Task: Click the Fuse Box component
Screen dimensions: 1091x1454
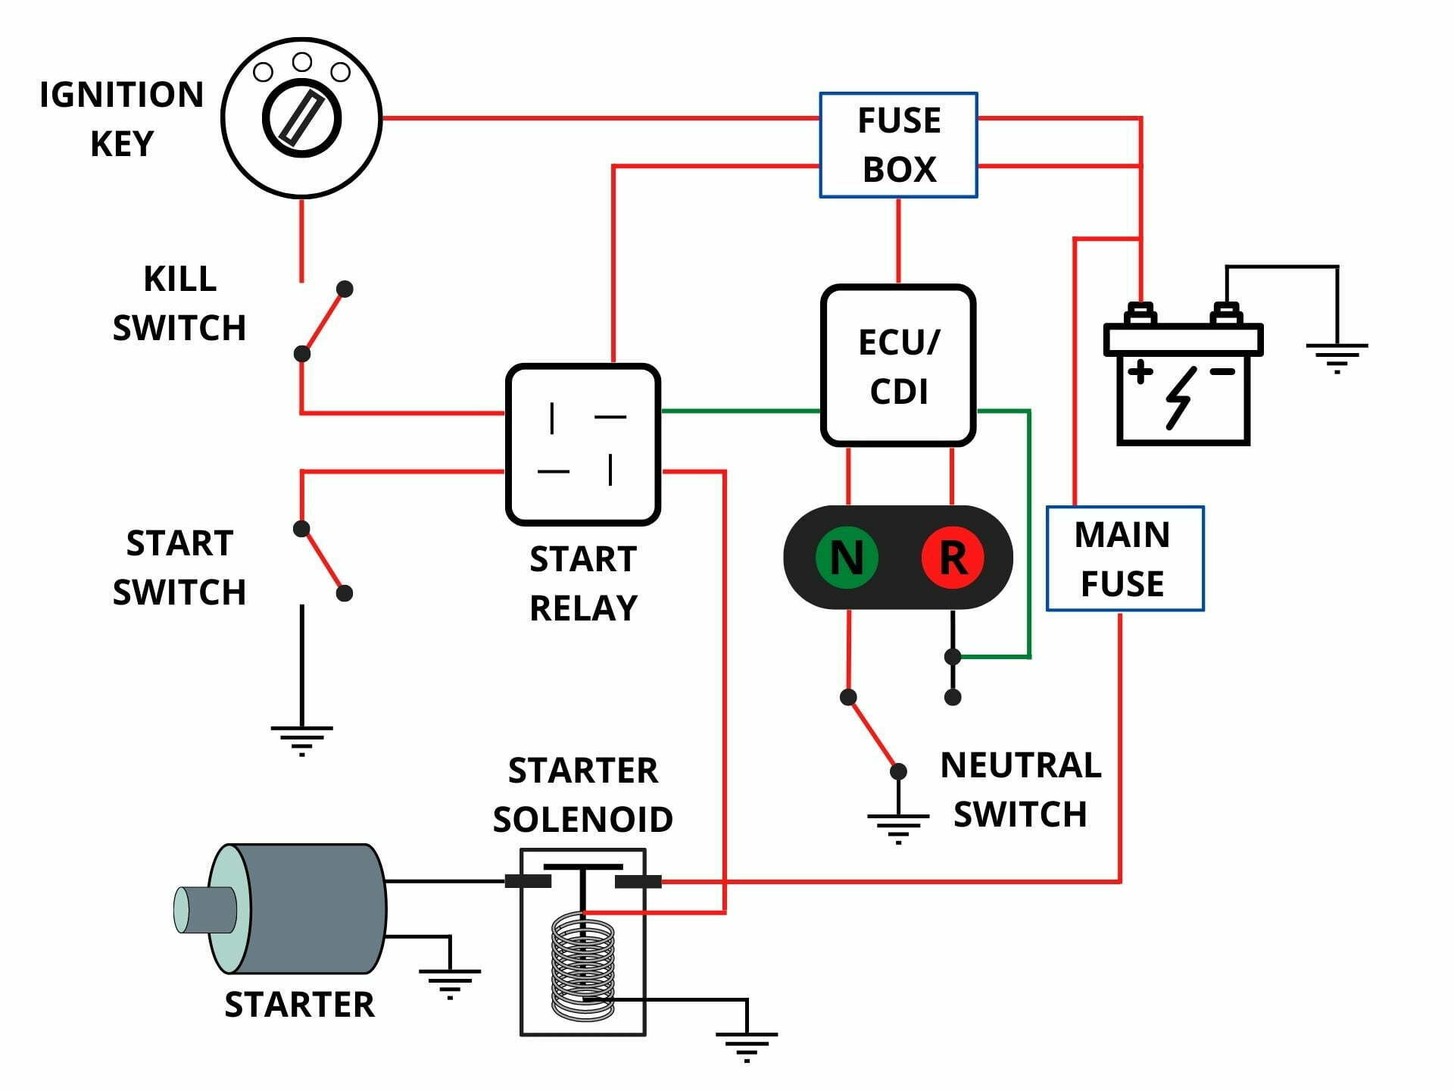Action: [898, 145]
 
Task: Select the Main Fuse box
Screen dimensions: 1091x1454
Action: [1125, 558]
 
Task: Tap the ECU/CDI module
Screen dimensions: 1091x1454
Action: [898, 366]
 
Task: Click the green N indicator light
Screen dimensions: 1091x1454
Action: [847, 558]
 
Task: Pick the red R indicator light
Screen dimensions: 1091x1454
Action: [953, 558]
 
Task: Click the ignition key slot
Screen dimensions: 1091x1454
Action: [301, 118]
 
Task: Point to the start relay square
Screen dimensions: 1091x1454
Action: [582, 444]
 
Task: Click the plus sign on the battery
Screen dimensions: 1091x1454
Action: [1140, 372]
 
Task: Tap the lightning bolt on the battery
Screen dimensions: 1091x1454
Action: [1180, 397]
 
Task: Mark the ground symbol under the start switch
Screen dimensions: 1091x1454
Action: [301, 739]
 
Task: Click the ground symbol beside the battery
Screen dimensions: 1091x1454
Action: [1337, 357]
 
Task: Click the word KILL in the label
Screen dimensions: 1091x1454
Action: [180, 279]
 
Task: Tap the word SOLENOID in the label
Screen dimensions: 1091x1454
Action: [582, 819]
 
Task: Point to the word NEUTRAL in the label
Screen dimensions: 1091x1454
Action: [1020, 765]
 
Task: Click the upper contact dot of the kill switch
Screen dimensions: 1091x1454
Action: [345, 289]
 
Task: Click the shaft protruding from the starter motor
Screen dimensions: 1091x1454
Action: [204, 909]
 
